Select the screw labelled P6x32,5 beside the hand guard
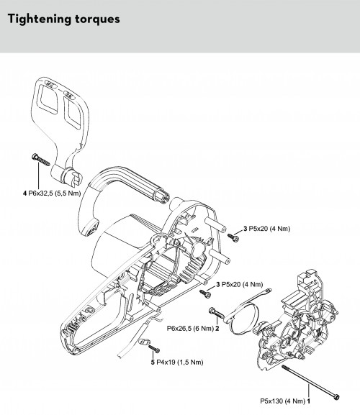coord(41,160)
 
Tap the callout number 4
coord(24,193)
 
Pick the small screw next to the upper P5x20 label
coord(233,237)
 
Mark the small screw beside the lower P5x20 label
coord(205,293)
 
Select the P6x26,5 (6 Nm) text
coord(190,329)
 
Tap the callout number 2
coord(217,329)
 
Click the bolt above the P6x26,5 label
coord(217,313)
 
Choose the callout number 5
coord(153,362)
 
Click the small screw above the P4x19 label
coord(154,349)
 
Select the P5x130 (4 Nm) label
coord(283,401)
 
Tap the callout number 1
coord(309,401)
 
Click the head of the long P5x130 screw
coord(336,397)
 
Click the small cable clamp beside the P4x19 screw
coord(145,342)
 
